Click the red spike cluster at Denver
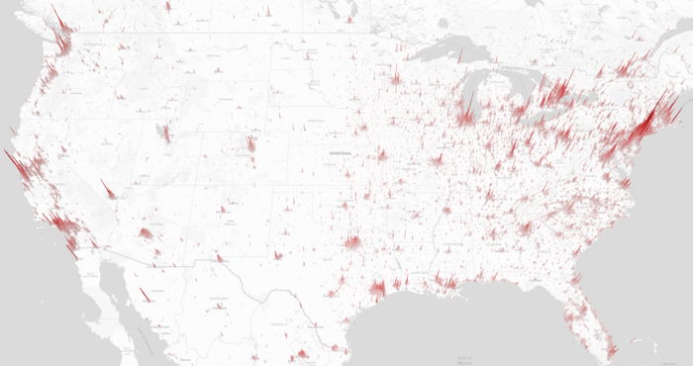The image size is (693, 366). pyautogui.click(x=251, y=148)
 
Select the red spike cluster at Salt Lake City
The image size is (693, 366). pyautogui.click(x=167, y=135)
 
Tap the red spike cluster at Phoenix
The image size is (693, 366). pyautogui.click(x=147, y=233)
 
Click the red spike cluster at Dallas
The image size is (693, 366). pyautogui.click(x=353, y=243)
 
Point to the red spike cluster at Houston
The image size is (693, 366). pyautogui.click(x=377, y=289)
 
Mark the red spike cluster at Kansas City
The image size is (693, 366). pyautogui.click(x=382, y=157)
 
